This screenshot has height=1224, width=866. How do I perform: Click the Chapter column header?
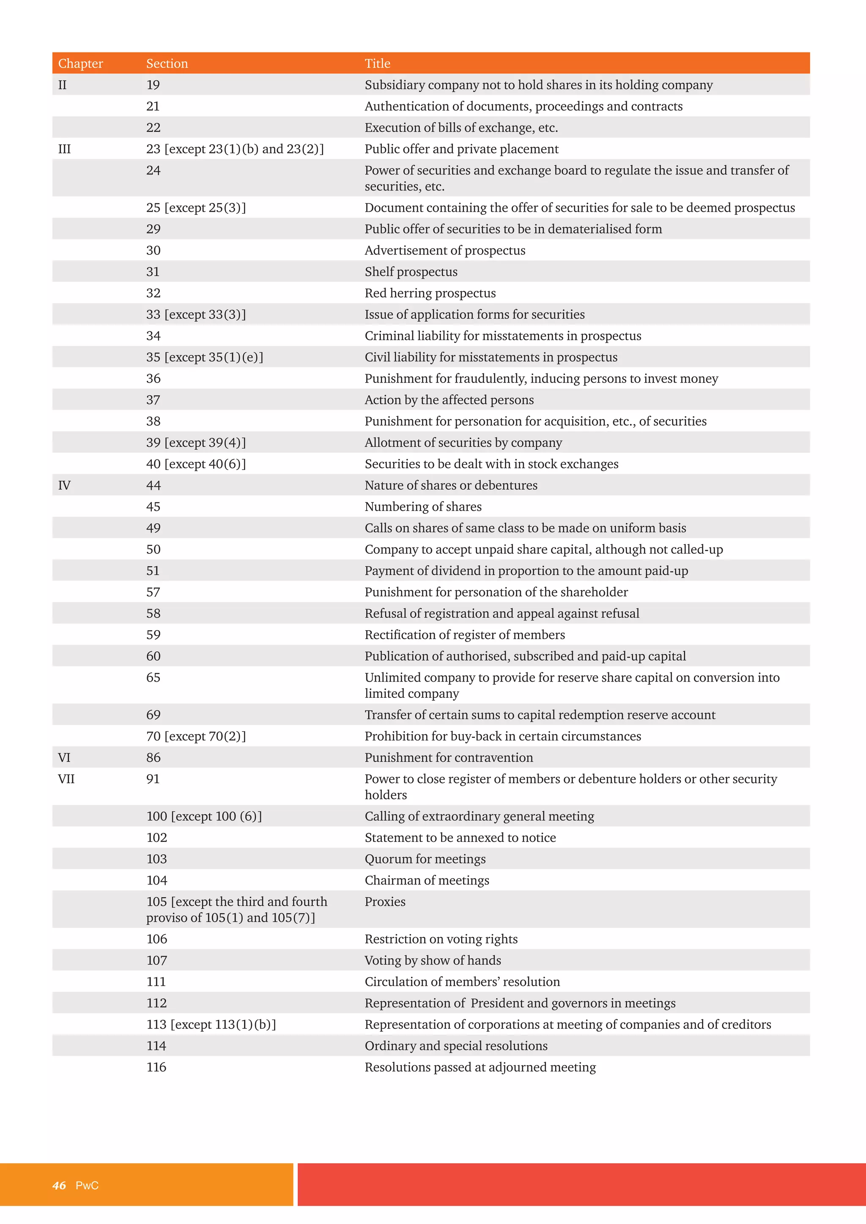point(80,63)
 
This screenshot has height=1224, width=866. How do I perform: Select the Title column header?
point(377,63)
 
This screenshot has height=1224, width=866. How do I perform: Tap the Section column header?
point(167,63)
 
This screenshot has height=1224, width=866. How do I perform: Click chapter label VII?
point(66,779)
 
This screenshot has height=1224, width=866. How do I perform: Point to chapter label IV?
point(64,485)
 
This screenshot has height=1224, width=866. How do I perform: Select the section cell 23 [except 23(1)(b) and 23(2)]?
point(235,149)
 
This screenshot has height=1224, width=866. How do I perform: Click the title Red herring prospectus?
point(430,293)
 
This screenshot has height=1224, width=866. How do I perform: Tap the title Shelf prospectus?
point(411,272)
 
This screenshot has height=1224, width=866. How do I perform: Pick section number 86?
point(153,757)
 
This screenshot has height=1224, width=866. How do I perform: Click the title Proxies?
point(385,902)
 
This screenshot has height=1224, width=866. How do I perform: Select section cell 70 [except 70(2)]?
point(196,736)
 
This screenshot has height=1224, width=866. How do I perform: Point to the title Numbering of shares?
point(423,506)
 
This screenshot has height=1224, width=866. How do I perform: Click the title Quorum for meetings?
point(425,859)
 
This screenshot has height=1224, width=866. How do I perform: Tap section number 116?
point(156,1067)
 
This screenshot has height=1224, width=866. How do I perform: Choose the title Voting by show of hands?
point(433,960)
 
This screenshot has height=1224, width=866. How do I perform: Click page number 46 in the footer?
point(59,1185)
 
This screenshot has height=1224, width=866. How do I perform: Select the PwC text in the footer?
point(87,1185)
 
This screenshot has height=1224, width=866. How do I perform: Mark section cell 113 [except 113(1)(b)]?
point(211,1024)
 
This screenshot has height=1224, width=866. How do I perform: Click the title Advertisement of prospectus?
point(445,251)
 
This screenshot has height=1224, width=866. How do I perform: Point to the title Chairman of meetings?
point(427,880)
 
